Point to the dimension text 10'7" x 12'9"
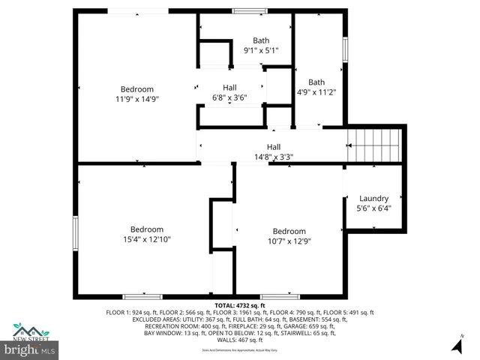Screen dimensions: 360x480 (x=289, y=241)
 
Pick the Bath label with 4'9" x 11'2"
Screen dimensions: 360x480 (x=316, y=82)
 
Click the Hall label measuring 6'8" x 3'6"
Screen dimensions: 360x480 (x=229, y=88)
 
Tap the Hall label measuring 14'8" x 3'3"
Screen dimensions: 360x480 (x=274, y=147)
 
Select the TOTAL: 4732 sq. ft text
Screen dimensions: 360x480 (x=240, y=305)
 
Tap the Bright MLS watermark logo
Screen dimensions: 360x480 (x=30, y=350)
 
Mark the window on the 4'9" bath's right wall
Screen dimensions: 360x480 (x=345, y=49)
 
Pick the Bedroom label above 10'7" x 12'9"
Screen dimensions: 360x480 (x=289, y=231)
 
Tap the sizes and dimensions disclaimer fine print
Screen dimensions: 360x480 (x=240, y=350)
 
